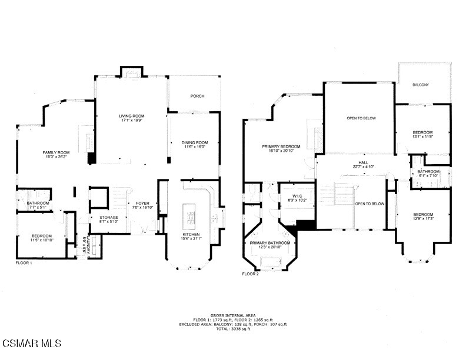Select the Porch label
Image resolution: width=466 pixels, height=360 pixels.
point(197,96)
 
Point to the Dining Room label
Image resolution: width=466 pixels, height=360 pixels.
point(194,142)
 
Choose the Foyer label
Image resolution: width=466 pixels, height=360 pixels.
point(142,203)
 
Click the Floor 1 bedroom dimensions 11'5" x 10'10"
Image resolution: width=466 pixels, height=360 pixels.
point(42,240)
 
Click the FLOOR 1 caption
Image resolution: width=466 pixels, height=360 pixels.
point(24,263)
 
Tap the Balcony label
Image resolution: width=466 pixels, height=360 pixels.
point(421,85)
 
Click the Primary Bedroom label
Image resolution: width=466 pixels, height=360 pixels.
point(281,146)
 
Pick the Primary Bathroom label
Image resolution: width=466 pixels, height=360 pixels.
point(270,242)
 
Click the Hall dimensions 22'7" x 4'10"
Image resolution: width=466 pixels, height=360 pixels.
point(363,167)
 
